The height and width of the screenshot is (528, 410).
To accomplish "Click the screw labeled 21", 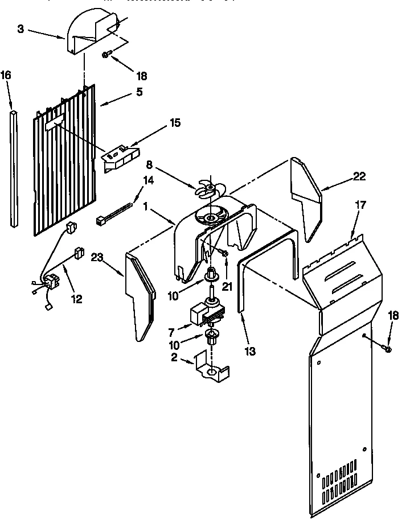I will point(224,252).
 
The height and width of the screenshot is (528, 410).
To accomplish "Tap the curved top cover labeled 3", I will point(91,34).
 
